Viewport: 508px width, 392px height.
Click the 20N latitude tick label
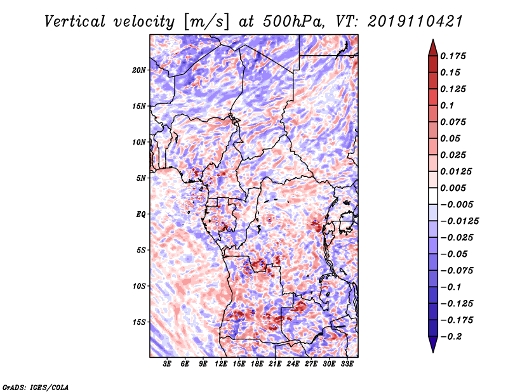pyautogui.click(x=139, y=70)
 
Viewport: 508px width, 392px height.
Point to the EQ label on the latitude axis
pyautogui.click(x=141, y=214)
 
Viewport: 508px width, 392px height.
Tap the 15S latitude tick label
pyautogui.click(x=139, y=322)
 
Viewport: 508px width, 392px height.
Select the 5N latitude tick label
pyautogui.click(x=141, y=178)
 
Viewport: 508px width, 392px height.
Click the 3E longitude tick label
pyautogui.click(x=167, y=364)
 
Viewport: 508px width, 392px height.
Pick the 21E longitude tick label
pyautogui.click(x=275, y=364)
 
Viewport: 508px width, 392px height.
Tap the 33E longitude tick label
pyautogui.click(x=347, y=364)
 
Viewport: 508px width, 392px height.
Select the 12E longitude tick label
pyautogui.click(x=220, y=364)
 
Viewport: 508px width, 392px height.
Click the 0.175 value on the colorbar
pyautogui.click(x=453, y=56)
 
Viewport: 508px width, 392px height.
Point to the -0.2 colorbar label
pyautogui.click(x=451, y=336)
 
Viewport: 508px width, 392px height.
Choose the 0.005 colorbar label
pyautogui.click(x=453, y=188)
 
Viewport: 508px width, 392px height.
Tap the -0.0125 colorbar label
pyautogui.click(x=459, y=221)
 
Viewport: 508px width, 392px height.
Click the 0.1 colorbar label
pyautogui.click(x=447, y=105)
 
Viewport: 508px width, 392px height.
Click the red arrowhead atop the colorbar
pyautogui.click(x=433, y=48)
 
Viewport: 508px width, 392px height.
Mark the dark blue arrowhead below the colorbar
pyautogui.click(x=433, y=344)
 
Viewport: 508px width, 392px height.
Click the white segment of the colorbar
pyautogui.click(x=433, y=196)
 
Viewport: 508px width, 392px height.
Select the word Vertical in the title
pyautogui.click(x=75, y=22)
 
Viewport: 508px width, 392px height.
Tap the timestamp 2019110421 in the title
pyautogui.click(x=415, y=22)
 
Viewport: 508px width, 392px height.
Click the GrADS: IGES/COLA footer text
pyautogui.click(x=36, y=388)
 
